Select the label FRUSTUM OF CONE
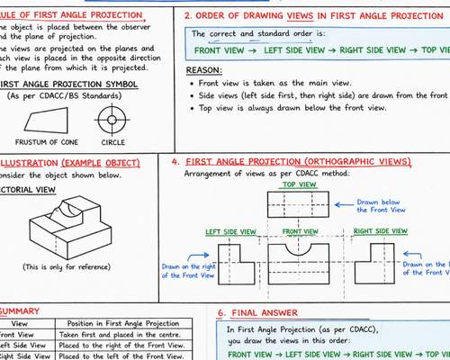(x=47, y=142)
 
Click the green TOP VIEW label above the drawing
(x=299, y=184)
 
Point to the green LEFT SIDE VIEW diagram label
(x=230, y=232)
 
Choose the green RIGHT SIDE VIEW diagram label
(x=381, y=231)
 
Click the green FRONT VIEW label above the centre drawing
(x=300, y=231)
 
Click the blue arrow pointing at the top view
(x=344, y=205)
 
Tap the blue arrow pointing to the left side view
(x=195, y=256)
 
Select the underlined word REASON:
(x=204, y=70)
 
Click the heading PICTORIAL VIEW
(x=28, y=190)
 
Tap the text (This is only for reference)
(x=67, y=267)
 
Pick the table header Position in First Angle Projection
(x=123, y=323)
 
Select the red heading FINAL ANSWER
(x=265, y=313)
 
